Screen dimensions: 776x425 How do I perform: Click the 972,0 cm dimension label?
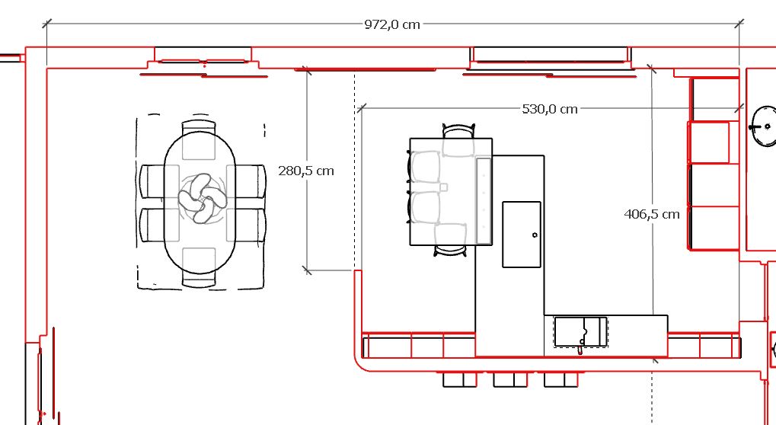392,24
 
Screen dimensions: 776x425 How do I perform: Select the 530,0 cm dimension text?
550,109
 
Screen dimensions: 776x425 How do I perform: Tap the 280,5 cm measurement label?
306,171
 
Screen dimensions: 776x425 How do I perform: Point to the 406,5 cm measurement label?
652,214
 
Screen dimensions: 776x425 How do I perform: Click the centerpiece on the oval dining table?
203,198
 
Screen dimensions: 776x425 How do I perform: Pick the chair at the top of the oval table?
199,139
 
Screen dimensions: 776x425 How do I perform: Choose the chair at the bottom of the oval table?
199,267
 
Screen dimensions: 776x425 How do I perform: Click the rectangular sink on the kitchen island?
522,235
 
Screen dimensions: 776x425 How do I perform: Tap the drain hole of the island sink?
535,235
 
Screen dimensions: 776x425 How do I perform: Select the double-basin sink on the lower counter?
580,332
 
